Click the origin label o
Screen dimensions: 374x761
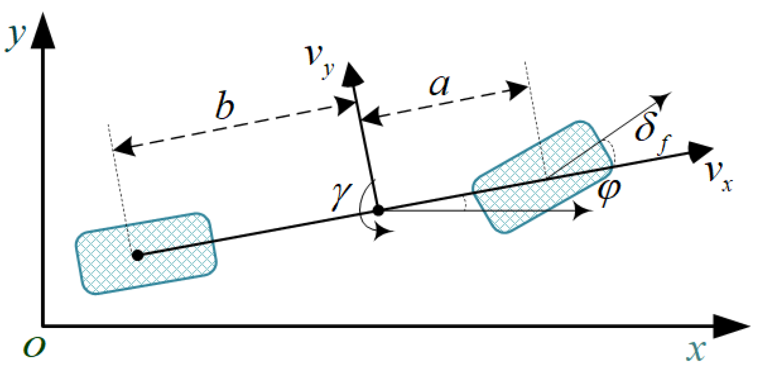click(34, 346)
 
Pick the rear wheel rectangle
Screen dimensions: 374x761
click(146, 253)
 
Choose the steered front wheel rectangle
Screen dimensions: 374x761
click(543, 177)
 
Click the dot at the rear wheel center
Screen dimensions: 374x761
click(138, 255)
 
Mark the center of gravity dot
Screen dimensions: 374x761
click(379, 210)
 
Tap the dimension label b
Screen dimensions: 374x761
click(224, 106)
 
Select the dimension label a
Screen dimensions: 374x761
click(439, 85)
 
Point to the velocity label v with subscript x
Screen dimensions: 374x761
click(718, 174)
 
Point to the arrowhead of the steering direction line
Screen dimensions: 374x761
click(663, 99)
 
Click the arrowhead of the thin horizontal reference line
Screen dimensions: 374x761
click(584, 211)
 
